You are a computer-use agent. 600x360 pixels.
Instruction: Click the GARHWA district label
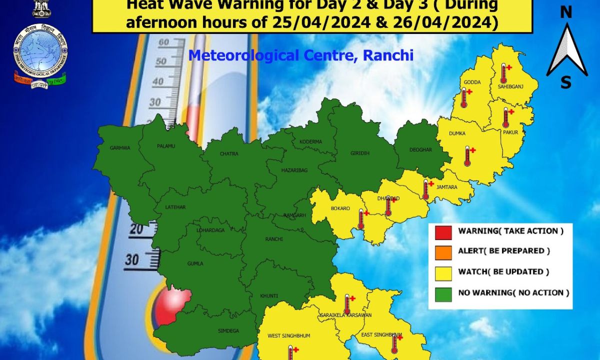click(119, 148)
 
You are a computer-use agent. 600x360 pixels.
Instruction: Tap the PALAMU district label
click(166, 146)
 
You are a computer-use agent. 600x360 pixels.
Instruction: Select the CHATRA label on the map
click(229, 153)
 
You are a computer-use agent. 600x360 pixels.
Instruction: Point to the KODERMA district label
click(310, 142)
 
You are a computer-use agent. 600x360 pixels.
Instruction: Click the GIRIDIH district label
click(360, 153)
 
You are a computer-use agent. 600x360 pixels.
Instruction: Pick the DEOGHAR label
click(420, 149)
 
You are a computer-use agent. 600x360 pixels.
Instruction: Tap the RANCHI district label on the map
click(273, 239)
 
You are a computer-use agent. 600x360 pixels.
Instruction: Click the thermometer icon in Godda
click(464, 98)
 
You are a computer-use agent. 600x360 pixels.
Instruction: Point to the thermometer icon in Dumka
click(467, 156)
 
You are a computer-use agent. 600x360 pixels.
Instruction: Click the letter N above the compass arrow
click(565, 12)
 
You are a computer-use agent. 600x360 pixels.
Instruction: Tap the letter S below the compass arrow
click(565, 82)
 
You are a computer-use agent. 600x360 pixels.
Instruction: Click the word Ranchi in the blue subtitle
click(388, 55)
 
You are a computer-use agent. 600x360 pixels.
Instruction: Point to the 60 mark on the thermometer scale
click(164, 42)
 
